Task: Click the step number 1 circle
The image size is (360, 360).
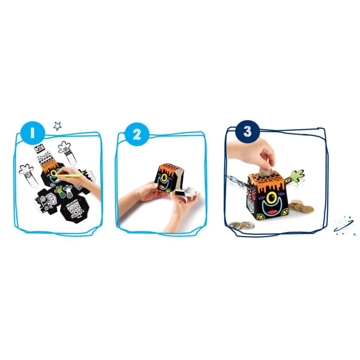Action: (x=32, y=133)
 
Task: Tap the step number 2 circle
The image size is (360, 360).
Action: (x=137, y=134)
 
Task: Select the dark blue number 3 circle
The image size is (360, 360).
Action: (x=247, y=131)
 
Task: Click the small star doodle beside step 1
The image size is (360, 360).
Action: (x=58, y=126)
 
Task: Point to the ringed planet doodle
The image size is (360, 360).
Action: (x=344, y=225)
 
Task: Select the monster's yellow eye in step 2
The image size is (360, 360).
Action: (x=164, y=177)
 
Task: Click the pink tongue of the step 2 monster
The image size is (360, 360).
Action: (x=163, y=187)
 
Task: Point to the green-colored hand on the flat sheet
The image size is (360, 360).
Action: (x=59, y=189)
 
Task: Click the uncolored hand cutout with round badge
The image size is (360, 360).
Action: (x=29, y=177)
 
